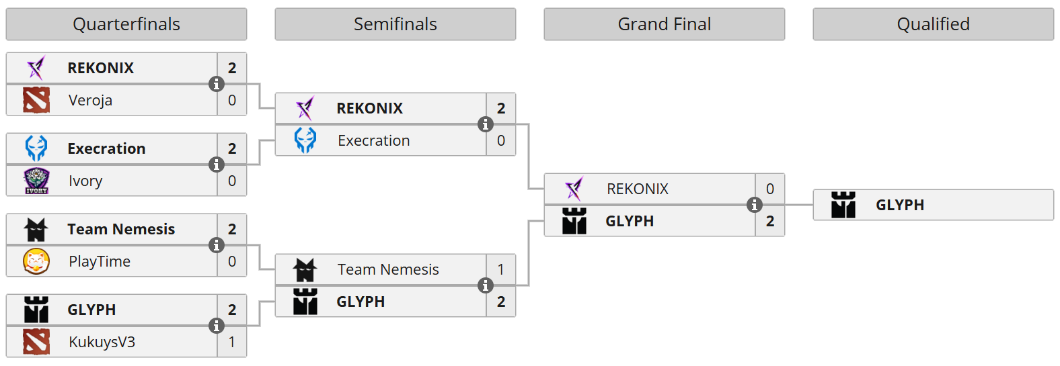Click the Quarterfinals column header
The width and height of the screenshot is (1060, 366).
coord(126,24)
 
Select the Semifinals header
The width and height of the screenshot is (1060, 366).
coord(395,24)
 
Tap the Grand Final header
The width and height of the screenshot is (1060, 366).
coord(665,24)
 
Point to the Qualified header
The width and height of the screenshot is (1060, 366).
coord(933,24)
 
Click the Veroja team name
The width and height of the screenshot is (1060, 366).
coord(90,101)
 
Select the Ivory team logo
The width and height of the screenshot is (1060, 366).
coord(36,181)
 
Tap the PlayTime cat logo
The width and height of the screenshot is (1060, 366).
coord(36,261)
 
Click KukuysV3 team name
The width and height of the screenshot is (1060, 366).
coord(102,342)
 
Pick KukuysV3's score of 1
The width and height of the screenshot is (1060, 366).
coord(232,342)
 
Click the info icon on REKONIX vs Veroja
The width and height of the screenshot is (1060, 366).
coord(217,84)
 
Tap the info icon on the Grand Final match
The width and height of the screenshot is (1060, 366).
coord(754,205)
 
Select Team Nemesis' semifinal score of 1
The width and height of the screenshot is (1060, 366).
coord(500,269)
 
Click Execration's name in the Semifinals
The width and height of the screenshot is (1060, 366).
coord(374,141)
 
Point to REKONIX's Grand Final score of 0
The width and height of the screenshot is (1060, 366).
coord(770,189)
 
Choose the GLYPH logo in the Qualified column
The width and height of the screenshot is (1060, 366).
coord(843,205)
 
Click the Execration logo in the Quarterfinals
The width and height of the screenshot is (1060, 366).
coord(36,148)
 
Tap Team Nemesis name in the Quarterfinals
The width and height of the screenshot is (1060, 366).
coord(121,229)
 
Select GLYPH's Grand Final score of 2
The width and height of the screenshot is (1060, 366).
coord(770,221)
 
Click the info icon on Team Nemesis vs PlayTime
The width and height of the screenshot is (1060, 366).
coord(217,245)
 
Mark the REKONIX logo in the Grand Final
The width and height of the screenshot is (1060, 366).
coord(574,189)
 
